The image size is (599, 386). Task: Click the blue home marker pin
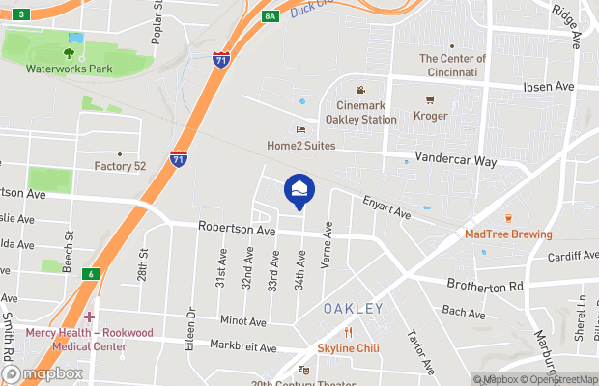click(x=299, y=189)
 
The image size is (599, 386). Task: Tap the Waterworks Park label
click(x=70, y=69)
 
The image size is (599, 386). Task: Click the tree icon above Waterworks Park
click(x=69, y=53)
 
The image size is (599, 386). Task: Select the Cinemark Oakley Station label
click(x=366, y=112)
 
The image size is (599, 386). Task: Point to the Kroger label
click(x=431, y=116)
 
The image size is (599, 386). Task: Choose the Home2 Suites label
click(x=301, y=146)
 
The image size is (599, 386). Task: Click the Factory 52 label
click(x=120, y=166)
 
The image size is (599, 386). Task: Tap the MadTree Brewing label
click(x=508, y=234)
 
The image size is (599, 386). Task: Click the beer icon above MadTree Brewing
click(x=508, y=218)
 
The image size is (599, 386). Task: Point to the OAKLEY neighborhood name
click(x=353, y=309)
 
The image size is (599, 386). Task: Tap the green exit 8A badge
click(x=271, y=15)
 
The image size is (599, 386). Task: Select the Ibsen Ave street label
click(x=549, y=87)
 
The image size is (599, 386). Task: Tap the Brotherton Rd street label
click(x=484, y=286)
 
